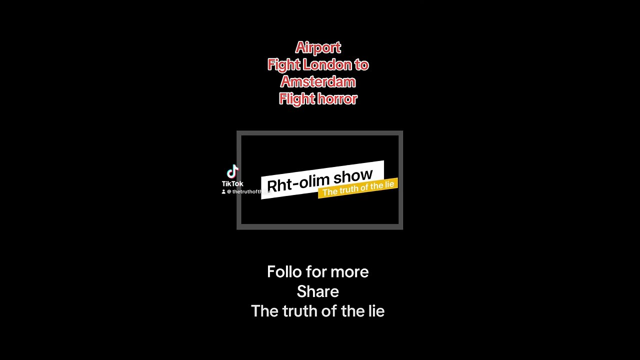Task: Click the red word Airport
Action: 318,47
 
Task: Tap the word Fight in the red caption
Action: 283,64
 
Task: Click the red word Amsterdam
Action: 318,81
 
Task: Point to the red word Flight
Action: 296,98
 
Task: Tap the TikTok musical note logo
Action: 232,171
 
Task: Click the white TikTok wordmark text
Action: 232,183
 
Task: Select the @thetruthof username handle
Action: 247,191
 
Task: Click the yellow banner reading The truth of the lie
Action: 358,188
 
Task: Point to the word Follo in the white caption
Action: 284,272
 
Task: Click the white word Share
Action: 318,291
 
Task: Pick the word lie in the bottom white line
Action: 376,311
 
